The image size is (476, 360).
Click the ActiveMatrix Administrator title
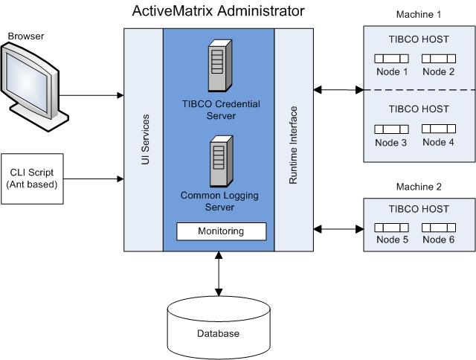coord(218,11)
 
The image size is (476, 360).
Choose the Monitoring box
coord(220,231)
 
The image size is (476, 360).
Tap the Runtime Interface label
coord(293,134)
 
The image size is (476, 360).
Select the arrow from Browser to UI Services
coord(92,95)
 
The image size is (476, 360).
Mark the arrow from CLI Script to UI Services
coord(92,179)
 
